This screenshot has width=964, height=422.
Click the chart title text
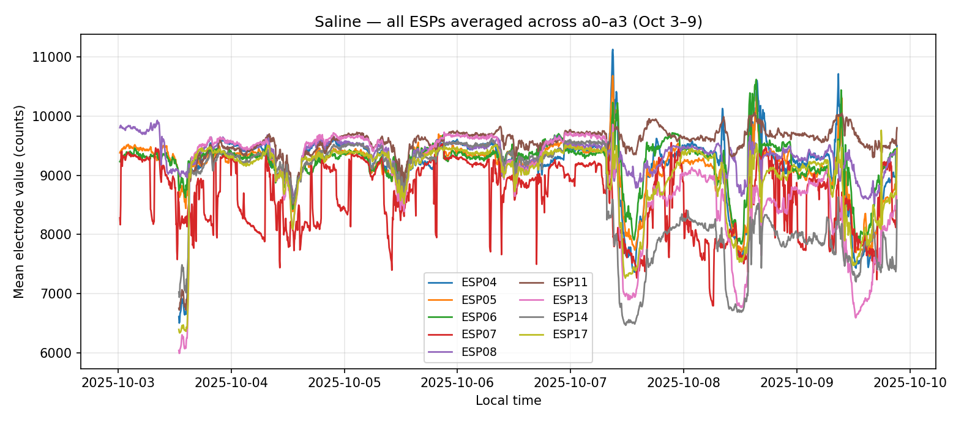[508, 22]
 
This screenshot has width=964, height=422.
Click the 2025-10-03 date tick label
[119, 383]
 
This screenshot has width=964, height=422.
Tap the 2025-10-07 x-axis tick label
[570, 383]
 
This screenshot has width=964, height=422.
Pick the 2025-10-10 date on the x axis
[910, 383]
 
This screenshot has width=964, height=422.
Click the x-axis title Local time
[508, 401]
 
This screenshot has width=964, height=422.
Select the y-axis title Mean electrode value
[20, 202]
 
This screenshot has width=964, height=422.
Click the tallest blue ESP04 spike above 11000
[613, 50]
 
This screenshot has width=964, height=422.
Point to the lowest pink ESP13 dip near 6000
[179, 353]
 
